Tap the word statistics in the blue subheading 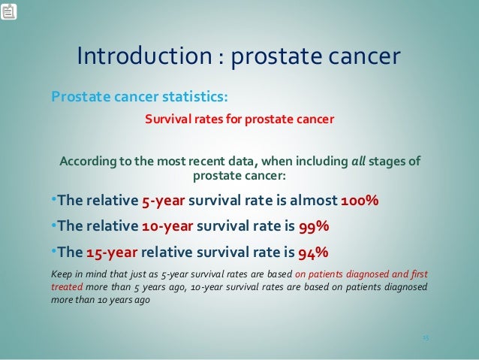[191, 98]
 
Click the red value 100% [360, 202]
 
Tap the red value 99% [313, 226]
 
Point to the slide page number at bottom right [424, 337]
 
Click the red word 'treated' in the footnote [65, 286]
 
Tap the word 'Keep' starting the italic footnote [61, 274]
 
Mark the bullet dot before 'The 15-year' [53, 251]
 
